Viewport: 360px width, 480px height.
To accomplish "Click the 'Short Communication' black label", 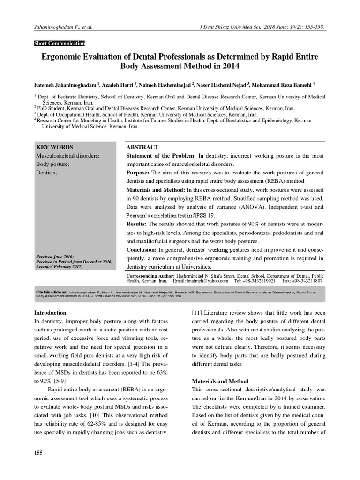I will coord(59,43).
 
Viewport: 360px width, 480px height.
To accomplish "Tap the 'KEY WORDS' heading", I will coord(54,147).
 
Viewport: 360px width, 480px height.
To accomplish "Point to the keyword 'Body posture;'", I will coord(53,165).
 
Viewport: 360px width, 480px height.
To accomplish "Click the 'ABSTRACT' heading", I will coord(142,147).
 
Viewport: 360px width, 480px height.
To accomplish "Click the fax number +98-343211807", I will coord(305,281).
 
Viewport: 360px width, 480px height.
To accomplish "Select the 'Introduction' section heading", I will coord(51,312).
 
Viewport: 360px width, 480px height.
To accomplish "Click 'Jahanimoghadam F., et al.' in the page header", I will coord(64,27).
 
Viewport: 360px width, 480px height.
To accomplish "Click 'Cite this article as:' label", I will coord(52,292).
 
